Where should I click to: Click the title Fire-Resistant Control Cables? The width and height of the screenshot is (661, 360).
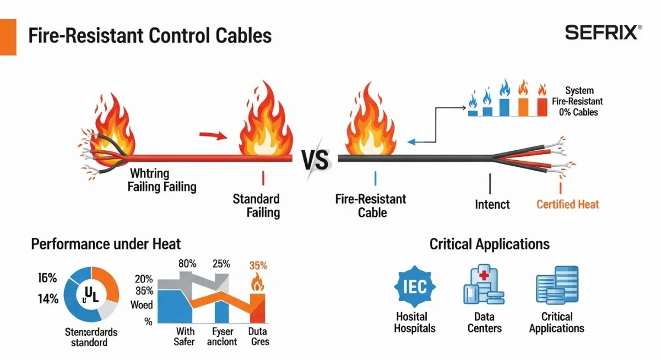(x=149, y=36)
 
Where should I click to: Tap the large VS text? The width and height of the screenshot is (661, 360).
(x=316, y=160)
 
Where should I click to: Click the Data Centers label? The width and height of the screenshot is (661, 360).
(x=484, y=323)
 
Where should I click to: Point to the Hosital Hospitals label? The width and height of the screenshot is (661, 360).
(x=415, y=323)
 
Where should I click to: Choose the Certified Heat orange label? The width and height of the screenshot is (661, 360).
(x=567, y=205)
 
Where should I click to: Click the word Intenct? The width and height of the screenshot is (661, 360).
(x=492, y=205)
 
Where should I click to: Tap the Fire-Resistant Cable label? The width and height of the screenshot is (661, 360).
(x=370, y=205)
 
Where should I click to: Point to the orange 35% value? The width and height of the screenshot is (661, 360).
(x=258, y=265)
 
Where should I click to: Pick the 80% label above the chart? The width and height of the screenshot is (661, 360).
(x=188, y=263)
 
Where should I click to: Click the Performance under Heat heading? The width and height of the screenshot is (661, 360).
(x=105, y=244)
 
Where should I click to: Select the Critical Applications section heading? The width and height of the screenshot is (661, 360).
(x=489, y=244)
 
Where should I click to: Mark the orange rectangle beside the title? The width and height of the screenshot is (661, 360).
(x=8, y=36)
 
